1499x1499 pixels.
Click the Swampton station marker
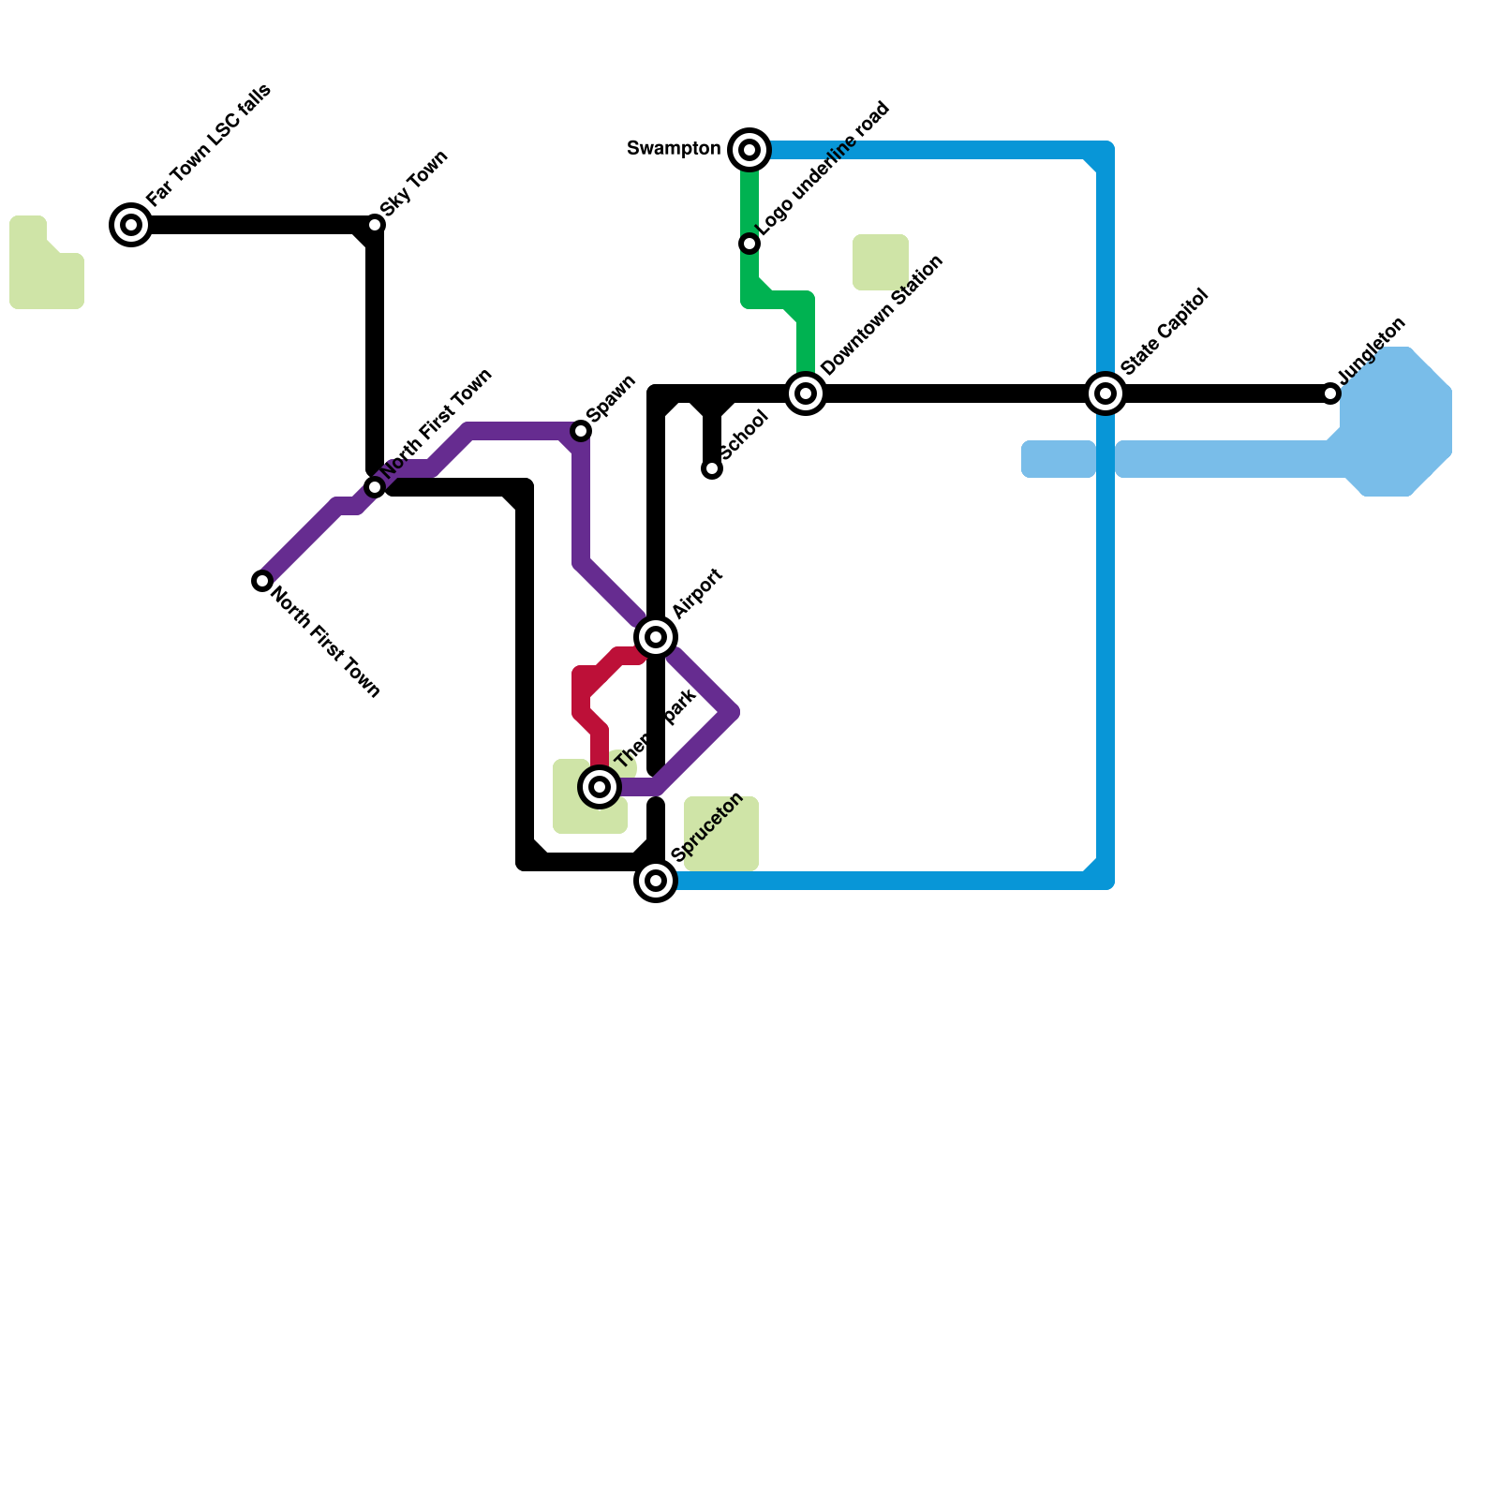tap(749, 150)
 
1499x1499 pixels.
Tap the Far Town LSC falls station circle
tap(131, 225)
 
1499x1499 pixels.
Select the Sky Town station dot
tap(375, 225)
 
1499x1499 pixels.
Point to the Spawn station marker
tap(581, 431)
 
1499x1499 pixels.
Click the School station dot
tap(712, 468)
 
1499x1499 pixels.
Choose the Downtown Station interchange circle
tap(806, 393)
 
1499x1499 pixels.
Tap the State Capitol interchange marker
tap(1106, 393)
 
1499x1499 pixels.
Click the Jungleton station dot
tap(1330, 393)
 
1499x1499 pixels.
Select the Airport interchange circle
tap(656, 637)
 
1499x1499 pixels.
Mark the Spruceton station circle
tap(656, 881)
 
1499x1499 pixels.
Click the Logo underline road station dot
tap(749, 244)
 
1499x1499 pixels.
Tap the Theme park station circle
tap(600, 787)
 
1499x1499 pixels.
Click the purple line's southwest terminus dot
tap(262, 581)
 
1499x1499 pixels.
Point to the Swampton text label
tap(673, 149)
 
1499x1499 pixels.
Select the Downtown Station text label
tap(882, 316)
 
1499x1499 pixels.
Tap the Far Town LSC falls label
tap(209, 144)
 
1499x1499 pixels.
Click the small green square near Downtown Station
tap(881, 262)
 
